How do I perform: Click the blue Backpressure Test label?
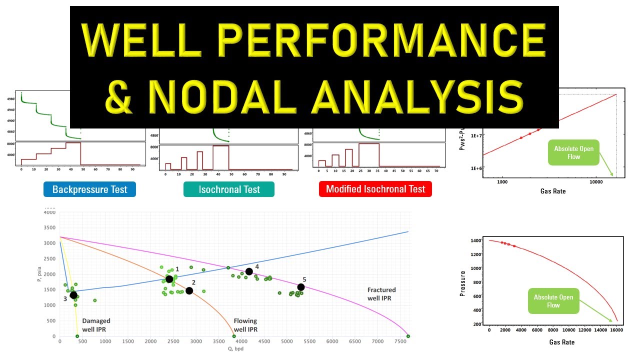(x=89, y=189)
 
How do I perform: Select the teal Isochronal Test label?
(x=229, y=189)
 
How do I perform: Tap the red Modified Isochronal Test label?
(x=375, y=189)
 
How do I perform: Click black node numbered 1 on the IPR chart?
(x=169, y=279)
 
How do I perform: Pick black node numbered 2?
(x=189, y=290)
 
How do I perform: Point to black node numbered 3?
(x=73, y=295)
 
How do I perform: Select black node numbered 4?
(x=249, y=271)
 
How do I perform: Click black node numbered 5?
(x=300, y=287)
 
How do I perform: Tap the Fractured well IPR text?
(x=381, y=293)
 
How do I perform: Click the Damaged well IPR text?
(x=96, y=324)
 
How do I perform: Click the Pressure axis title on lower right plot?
(x=462, y=283)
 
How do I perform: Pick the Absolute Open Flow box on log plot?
(x=573, y=152)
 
